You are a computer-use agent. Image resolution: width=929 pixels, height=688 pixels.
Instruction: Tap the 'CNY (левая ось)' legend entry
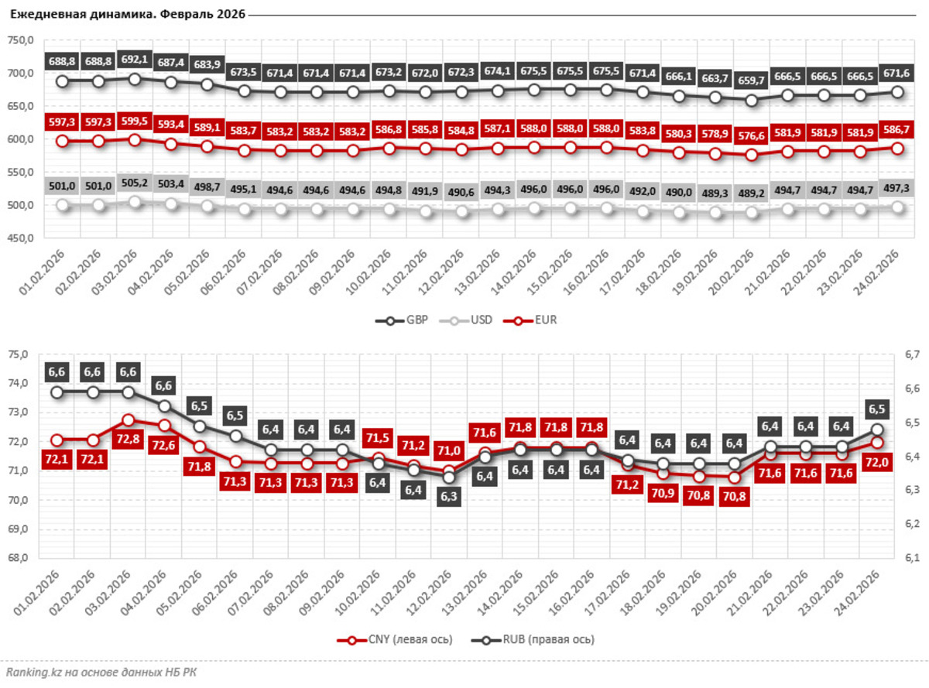(x=396, y=639)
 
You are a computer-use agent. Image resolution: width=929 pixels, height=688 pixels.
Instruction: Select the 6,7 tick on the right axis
(x=910, y=354)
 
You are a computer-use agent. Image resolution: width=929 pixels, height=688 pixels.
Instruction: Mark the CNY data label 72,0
(x=877, y=463)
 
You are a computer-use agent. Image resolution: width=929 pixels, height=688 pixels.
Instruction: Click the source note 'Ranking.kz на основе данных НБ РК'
(x=101, y=672)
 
